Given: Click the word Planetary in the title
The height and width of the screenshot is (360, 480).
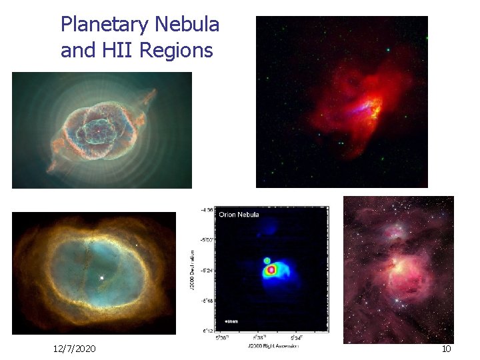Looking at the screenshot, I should coord(105,25).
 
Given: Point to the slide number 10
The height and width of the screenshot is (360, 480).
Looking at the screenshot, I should coord(446,349).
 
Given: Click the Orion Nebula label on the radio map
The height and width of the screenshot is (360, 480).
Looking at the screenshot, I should coord(239,215).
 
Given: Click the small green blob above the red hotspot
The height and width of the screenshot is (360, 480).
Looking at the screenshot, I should coord(267,260).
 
